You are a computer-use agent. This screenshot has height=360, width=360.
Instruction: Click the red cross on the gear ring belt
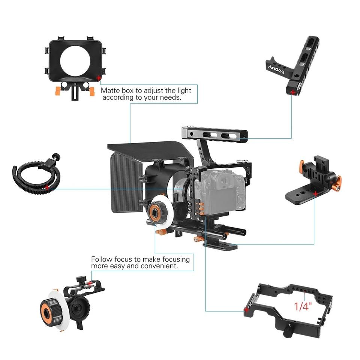point(47,186)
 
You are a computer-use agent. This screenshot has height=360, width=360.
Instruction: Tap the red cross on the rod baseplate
point(315,193)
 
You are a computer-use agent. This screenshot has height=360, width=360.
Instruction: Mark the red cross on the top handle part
point(292,91)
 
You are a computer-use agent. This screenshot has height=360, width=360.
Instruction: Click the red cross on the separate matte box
point(99,78)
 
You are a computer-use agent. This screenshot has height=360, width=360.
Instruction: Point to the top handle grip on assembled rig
point(215,133)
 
